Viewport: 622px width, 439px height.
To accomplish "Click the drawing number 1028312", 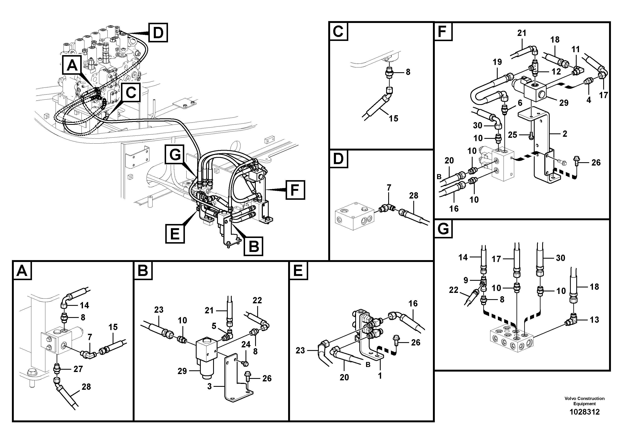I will [x=584, y=412].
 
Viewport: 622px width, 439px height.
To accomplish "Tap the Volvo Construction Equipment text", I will [x=584, y=401].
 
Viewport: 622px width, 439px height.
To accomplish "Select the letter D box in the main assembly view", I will [x=158, y=33].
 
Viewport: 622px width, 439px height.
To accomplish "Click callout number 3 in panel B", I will [x=209, y=386].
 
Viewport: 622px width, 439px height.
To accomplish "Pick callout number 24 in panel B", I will [x=246, y=345].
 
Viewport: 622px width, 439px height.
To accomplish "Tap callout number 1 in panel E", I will [x=380, y=376].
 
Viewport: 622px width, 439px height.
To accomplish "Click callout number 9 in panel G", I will [x=466, y=280].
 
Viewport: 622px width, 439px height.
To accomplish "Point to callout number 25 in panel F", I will [x=512, y=135].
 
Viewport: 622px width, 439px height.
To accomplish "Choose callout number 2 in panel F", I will [x=565, y=134].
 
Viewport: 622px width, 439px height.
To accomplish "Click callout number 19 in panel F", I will [x=497, y=62].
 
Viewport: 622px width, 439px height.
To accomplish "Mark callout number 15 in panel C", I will [x=393, y=118].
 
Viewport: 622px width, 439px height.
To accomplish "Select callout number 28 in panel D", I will [x=413, y=195].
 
